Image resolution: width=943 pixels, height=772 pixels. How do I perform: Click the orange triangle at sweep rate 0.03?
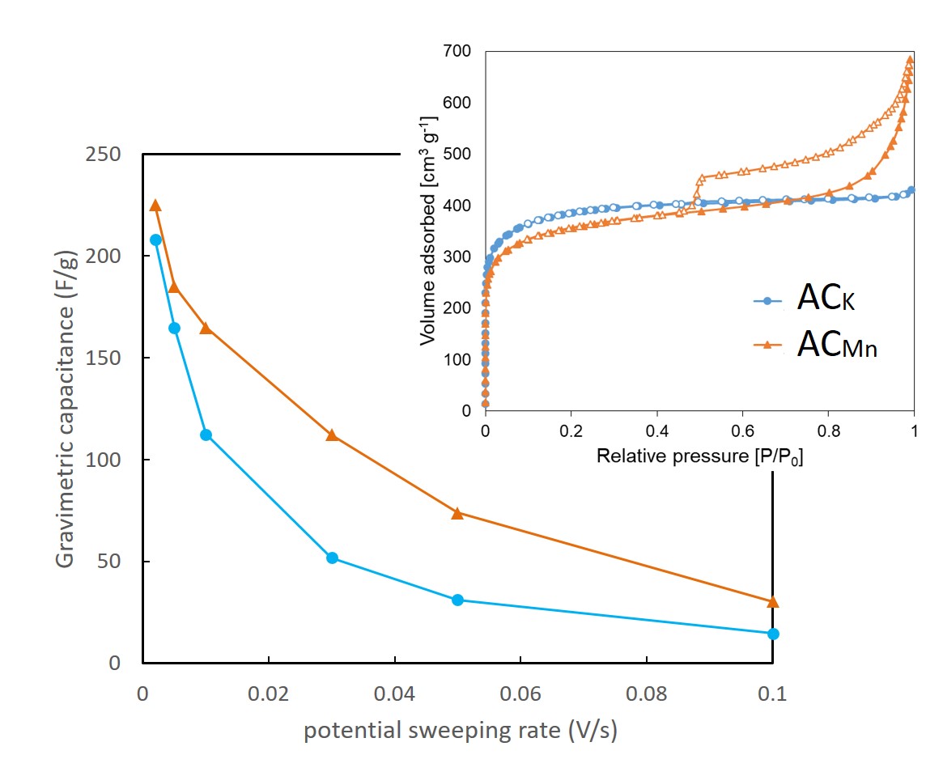[x=331, y=435]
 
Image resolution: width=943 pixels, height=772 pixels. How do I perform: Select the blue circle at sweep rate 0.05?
[x=457, y=600]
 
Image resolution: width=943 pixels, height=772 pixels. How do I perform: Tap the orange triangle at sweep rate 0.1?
[x=773, y=601]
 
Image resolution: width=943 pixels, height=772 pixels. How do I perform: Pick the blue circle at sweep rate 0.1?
[x=773, y=634]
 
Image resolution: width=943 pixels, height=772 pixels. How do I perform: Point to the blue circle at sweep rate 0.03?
[x=331, y=558]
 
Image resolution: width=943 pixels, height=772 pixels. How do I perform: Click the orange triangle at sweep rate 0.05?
[x=457, y=512]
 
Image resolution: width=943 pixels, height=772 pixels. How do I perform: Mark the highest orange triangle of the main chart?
[x=155, y=206]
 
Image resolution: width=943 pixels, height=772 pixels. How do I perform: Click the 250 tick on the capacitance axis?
[x=103, y=154]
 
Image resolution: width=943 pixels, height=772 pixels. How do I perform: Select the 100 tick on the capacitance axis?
[x=103, y=460]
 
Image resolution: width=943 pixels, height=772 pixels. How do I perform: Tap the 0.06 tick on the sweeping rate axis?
[x=520, y=694]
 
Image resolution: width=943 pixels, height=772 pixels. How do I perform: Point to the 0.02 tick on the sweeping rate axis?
[x=269, y=694]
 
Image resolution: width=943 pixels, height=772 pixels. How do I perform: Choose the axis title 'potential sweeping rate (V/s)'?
[x=461, y=731]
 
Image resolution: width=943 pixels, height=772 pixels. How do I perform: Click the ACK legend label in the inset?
[x=824, y=300]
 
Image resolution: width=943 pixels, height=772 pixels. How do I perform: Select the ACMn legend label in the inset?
[x=836, y=346]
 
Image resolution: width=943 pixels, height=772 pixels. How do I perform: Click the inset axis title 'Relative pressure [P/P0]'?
[x=699, y=456]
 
